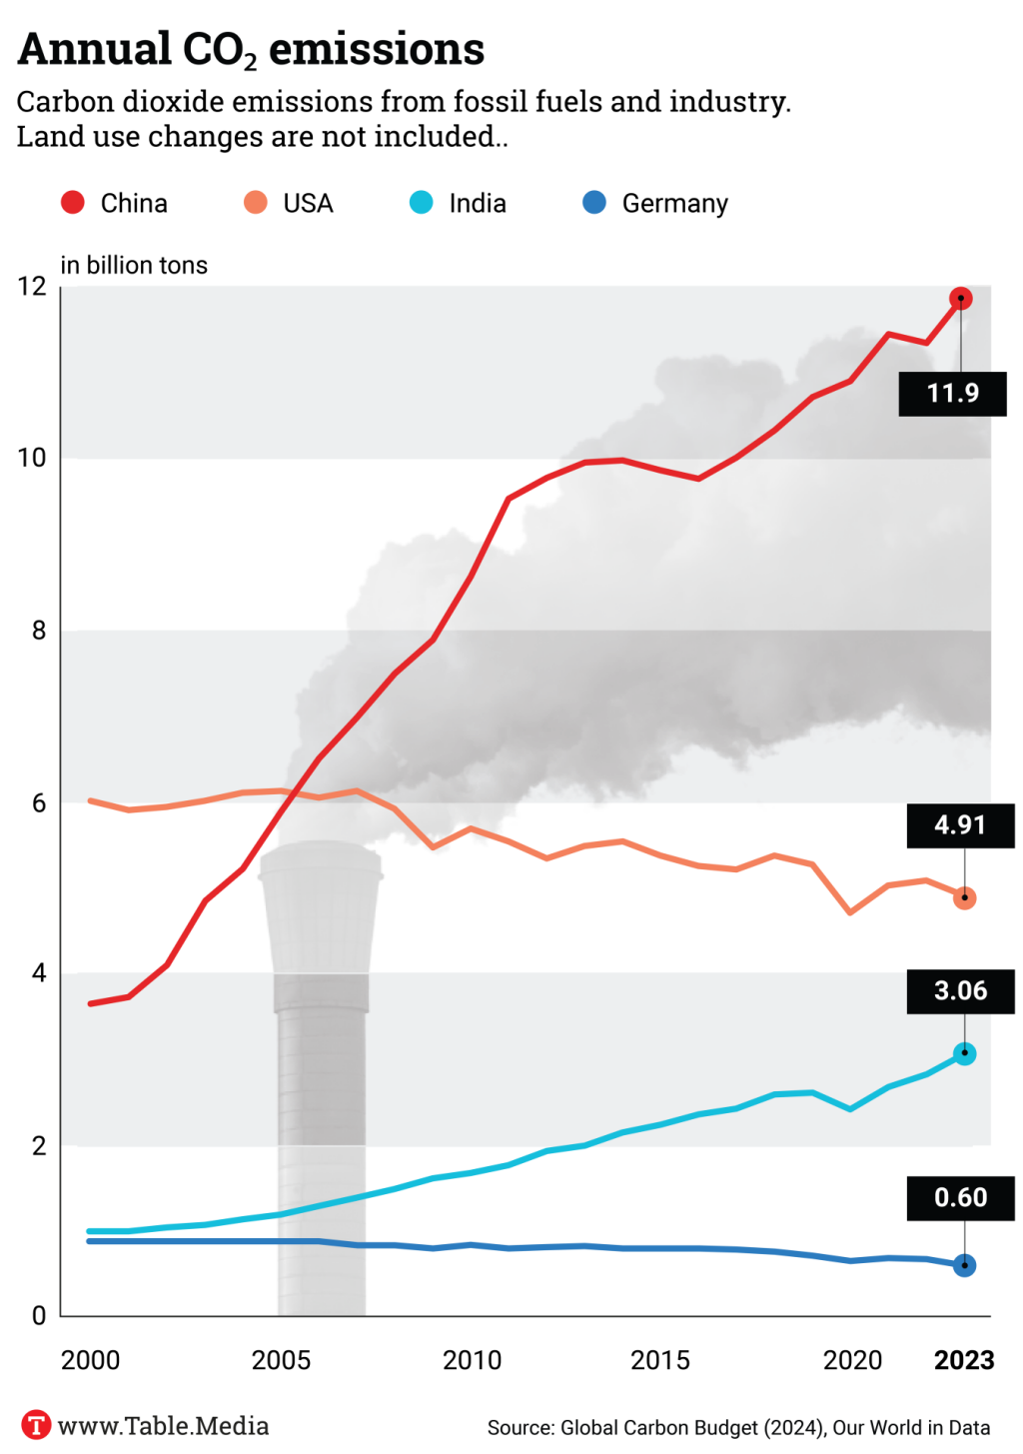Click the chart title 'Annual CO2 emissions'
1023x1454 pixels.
(x=251, y=49)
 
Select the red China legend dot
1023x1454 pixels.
(x=73, y=203)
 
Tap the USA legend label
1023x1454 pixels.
(x=308, y=204)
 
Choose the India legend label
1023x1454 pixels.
(x=478, y=204)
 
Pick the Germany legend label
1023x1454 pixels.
(x=674, y=204)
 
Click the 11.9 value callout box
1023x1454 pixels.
(x=952, y=393)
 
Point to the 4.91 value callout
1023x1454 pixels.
(x=960, y=825)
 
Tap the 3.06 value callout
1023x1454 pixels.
(x=960, y=991)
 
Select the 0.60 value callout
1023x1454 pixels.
(x=960, y=1197)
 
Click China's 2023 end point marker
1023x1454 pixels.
(x=961, y=298)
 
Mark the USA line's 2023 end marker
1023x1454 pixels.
(x=964, y=898)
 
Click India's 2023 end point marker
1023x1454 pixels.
(x=964, y=1053)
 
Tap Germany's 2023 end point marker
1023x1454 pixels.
(x=964, y=1265)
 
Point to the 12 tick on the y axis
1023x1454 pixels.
(x=32, y=287)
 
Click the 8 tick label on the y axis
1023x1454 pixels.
(x=39, y=631)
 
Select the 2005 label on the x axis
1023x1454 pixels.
(x=281, y=1360)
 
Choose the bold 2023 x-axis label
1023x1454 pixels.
(x=964, y=1360)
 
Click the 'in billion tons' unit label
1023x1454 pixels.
(x=134, y=265)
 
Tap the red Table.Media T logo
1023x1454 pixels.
(x=36, y=1425)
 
